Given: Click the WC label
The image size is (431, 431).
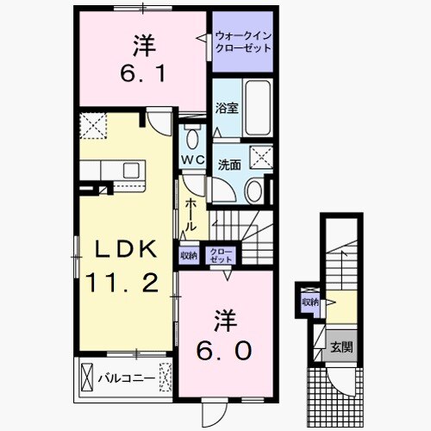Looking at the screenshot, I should (192, 159).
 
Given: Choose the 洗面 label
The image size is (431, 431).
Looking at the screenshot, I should (229, 164).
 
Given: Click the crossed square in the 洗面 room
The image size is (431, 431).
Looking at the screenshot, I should (260, 157).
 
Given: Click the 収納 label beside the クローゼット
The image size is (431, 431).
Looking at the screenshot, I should (189, 255).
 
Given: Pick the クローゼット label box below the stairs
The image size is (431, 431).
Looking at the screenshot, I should (222, 255).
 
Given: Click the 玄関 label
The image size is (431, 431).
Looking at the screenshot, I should (340, 347).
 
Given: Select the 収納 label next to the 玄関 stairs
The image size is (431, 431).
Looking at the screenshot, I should (310, 302).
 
